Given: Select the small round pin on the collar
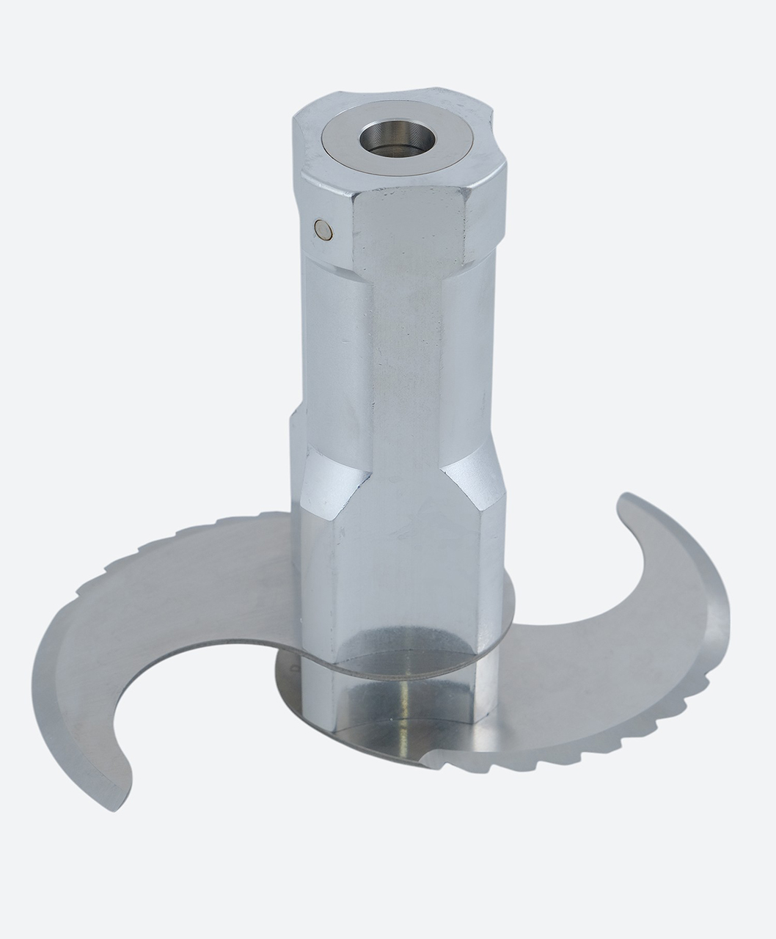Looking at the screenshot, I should [322, 230].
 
